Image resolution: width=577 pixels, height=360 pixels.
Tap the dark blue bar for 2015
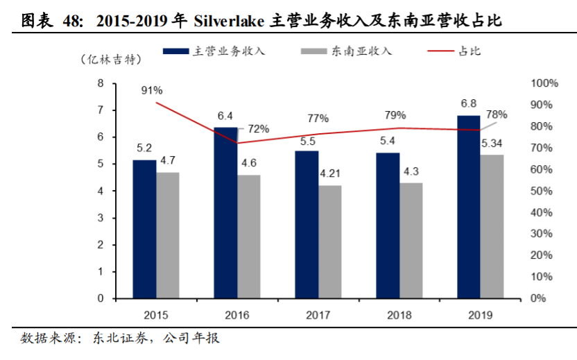point(144,229)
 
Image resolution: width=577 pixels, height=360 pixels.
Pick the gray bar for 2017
point(329,242)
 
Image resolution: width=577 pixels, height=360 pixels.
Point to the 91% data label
point(152,90)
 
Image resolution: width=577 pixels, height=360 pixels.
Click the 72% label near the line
point(258,128)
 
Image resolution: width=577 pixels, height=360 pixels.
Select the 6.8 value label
point(468,104)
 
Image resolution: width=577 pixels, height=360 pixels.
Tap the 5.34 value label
point(492,144)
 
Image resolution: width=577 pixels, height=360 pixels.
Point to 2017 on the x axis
point(318,314)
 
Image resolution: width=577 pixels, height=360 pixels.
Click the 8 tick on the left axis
point(101,83)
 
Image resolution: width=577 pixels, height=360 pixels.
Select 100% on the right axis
point(544,83)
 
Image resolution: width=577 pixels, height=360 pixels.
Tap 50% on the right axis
point(541,191)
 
